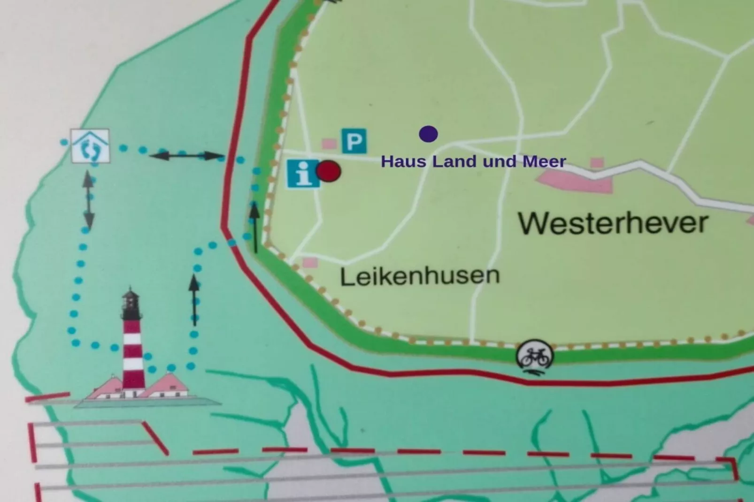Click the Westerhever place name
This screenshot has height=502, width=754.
point(613,223)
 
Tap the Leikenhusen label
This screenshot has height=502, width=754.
point(420,276)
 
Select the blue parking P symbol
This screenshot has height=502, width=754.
point(354,141)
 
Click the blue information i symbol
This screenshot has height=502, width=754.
point(303,174)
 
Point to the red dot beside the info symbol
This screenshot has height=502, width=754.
point(329,171)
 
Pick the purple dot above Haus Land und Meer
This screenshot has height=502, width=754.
point(428,134)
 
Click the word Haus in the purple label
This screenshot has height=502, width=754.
point(404,162)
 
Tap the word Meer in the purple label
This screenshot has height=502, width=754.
point(544,162)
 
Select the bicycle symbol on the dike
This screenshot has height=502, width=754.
point(535,356)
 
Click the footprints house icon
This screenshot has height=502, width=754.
point(90,146)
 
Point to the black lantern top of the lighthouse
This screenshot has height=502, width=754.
point(131,303)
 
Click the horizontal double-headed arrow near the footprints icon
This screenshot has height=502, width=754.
point(186,155)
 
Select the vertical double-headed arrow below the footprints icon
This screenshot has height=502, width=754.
point(88,200)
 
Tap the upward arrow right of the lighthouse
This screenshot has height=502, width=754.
point(194,300)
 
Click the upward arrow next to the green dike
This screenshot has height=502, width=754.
point(254,227)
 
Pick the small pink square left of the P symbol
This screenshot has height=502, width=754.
point(329,144)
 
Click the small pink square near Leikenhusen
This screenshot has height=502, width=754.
point(309,262)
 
